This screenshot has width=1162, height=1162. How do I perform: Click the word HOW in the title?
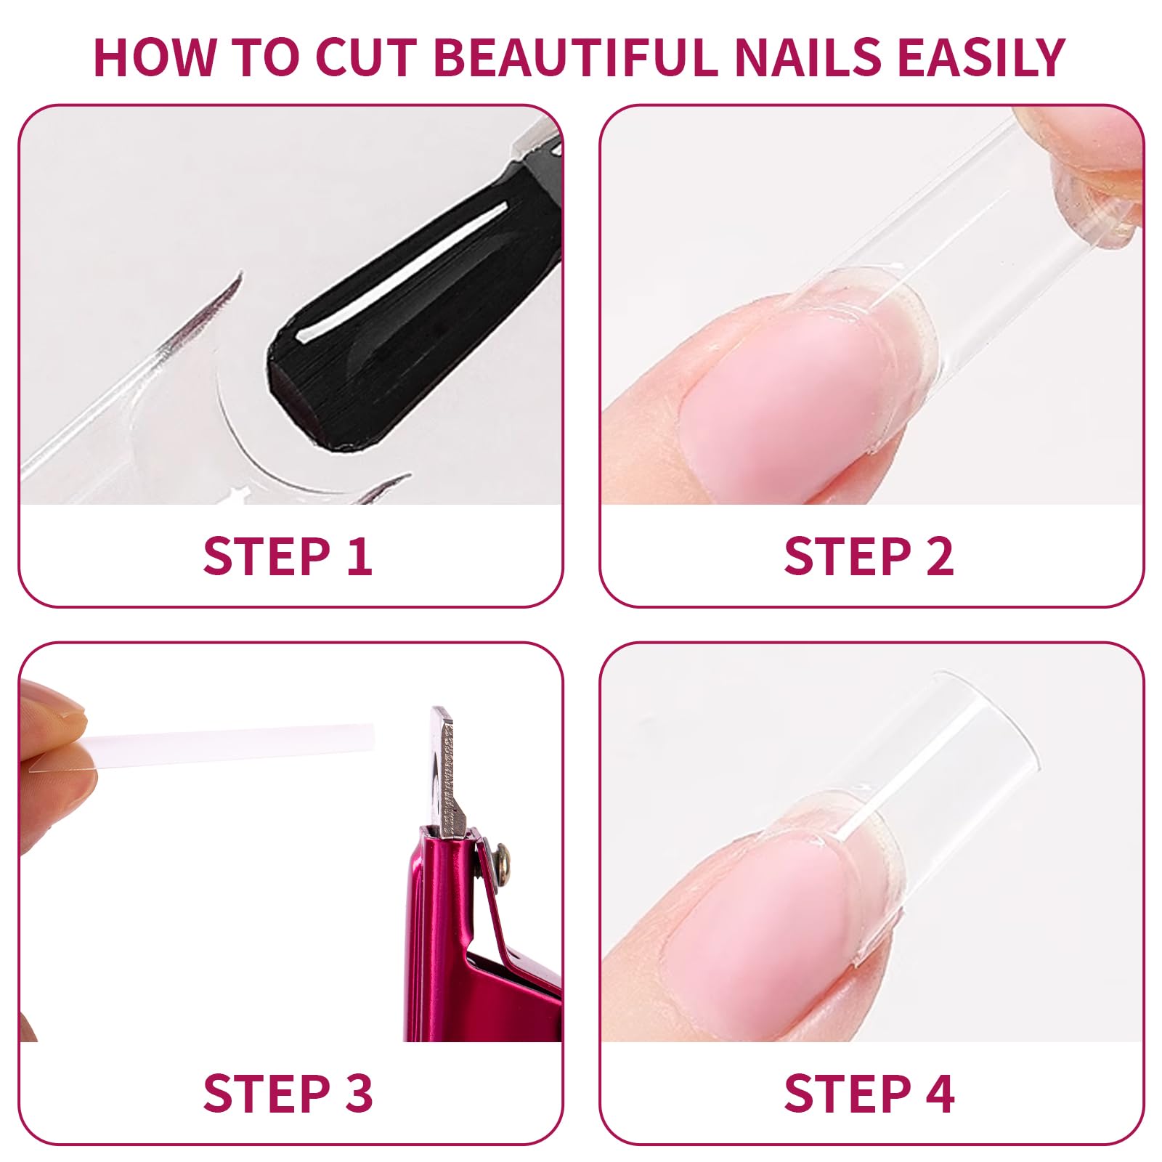click(155, 57)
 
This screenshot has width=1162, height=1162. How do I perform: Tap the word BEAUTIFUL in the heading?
click(577, 57)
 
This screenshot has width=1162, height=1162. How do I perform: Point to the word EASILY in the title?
click(982, 57)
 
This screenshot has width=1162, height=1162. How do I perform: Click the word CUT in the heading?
click(367, 57)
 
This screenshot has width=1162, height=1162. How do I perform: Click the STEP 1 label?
click(288, 557)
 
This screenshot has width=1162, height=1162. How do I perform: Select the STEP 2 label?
click(869, 557)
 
